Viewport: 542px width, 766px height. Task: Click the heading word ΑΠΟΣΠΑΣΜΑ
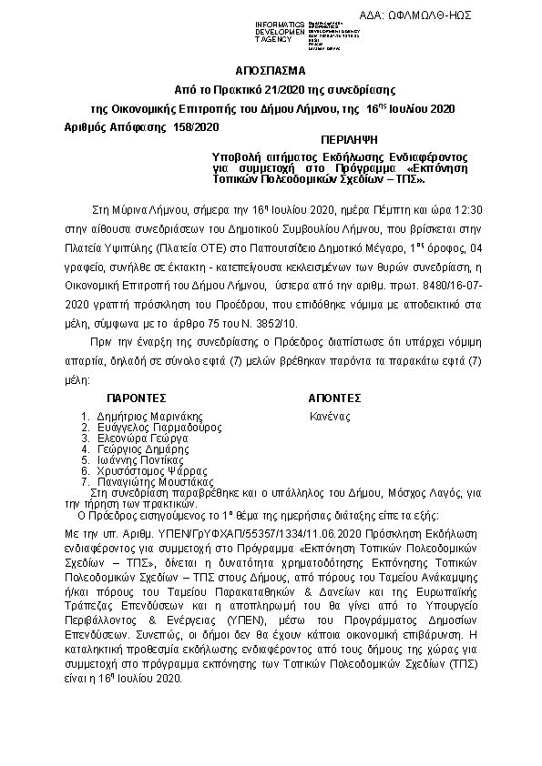[271, 70]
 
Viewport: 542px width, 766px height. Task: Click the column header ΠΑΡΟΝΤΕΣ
[136, 398]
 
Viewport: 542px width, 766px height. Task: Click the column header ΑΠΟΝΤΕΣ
[335, 398]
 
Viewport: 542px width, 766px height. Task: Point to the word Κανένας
[331, 416]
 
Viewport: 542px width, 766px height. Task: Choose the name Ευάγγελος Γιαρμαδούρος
[159, 427]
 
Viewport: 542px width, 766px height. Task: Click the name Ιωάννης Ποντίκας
[141, 459]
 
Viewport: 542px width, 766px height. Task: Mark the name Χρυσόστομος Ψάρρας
[148, 470]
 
